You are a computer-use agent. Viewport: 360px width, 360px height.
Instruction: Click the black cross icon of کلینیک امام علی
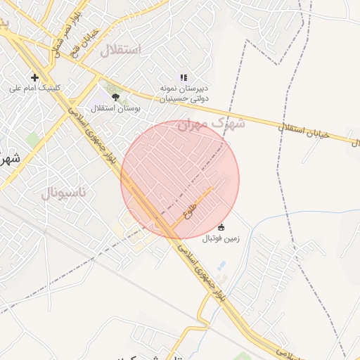34,77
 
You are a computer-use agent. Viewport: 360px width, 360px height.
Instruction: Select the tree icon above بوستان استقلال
115,98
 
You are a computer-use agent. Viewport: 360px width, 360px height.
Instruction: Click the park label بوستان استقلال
116,109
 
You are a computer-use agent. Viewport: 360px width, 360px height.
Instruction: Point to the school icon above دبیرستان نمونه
184,78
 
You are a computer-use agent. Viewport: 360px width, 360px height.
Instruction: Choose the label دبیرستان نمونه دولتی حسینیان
184,94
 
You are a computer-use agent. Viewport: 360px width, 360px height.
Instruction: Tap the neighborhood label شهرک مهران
211,124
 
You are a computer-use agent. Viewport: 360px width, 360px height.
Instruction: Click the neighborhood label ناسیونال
64,193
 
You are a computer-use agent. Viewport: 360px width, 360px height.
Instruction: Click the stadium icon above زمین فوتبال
221,227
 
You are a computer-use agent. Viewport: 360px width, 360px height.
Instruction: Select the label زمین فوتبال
221,238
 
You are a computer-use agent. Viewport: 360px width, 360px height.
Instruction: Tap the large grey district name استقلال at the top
120,50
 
